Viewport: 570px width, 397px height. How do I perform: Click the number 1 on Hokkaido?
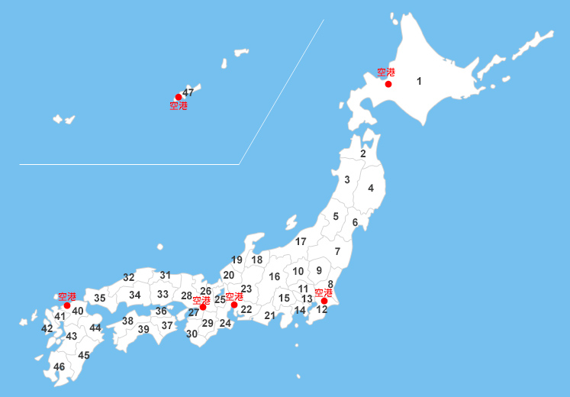[419, 81]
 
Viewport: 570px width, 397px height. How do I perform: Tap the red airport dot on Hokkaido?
[388, 84]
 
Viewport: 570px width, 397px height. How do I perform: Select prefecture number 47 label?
[188, 92]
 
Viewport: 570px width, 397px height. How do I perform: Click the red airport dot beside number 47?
[179, 97]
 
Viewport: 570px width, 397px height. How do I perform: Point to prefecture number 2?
[363, 153]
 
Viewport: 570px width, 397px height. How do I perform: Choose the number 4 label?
[371, 188]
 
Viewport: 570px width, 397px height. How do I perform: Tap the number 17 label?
[301, 241]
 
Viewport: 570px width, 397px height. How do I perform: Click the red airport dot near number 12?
[324, 301]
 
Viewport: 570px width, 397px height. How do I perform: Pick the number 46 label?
[60, 366]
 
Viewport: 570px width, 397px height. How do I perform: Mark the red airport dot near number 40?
[67, 305]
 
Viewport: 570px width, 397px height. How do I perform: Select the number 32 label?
[129, 278]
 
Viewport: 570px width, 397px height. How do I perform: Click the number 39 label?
[143, 329]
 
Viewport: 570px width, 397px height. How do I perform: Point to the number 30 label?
[192, 334]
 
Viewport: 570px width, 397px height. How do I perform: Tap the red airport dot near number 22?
[234, 305]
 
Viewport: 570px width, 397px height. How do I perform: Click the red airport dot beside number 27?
[203, 307]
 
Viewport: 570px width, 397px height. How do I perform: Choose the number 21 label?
[269, 315]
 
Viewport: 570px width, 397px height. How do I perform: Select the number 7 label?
[337, 252]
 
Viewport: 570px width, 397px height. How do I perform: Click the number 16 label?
[275, 276]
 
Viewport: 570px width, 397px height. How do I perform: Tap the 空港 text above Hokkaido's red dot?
[387, 73]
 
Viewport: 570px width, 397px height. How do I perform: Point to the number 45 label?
[84, 355]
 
